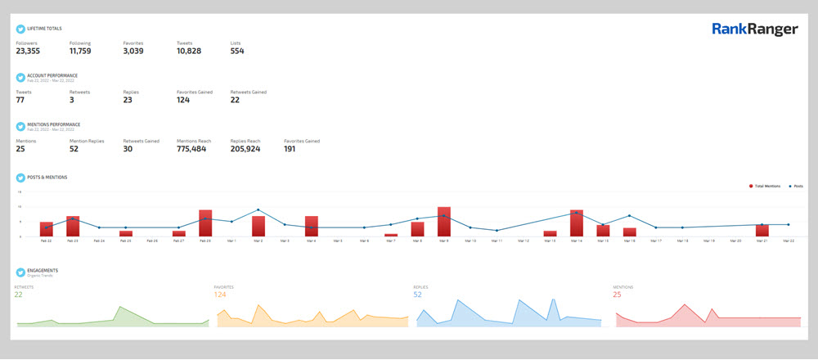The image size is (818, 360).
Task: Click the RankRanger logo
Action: click(x=754, y=30)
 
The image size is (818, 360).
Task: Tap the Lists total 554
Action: click(x=237, y=51)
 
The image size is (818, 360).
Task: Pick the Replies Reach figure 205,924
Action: click(x=245, y=149)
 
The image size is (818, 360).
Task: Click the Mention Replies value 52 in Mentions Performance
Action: click(x=74, y=149)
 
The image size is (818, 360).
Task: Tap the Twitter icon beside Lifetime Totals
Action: click(x=20, y=29)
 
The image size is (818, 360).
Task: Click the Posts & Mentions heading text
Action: click(x=47, y=177)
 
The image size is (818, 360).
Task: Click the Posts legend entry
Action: click(x=796, y=187)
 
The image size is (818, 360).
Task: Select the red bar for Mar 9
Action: click(x=444, y=222)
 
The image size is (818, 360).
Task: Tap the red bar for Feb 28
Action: click(x=205, y=223)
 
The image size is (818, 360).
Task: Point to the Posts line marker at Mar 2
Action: click(x=258, y=210)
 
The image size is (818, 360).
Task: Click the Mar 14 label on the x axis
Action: click(x=576, y=241)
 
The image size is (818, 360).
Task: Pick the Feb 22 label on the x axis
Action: click(x=46, y=241)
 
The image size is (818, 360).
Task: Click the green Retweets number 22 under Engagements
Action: click(x=18, y=295)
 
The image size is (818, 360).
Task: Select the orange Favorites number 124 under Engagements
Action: click(x=220, y=295)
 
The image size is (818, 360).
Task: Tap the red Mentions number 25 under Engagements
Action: click(x=618, y=295)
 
